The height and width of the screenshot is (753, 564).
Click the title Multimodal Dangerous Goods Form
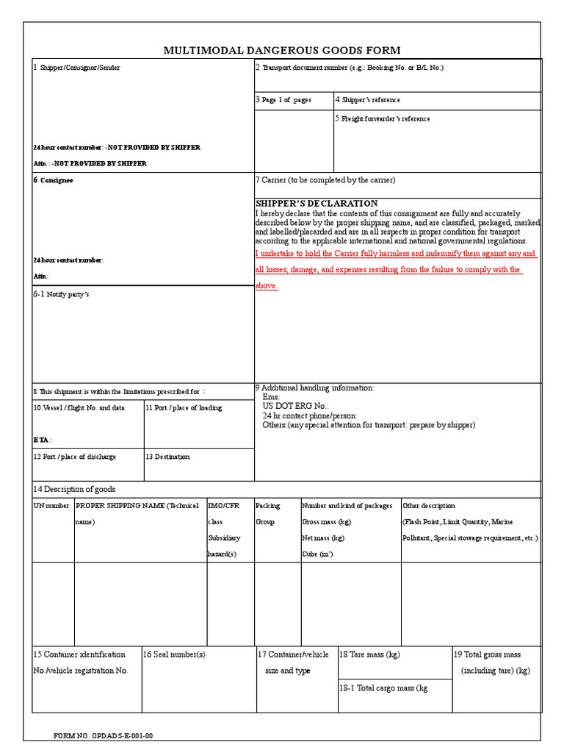pyautogui.click(x=282, y=50)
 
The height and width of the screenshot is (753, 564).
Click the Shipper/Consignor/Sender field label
pyautogui.click(x=77, y=68)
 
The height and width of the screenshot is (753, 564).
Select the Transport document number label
pyautogui.click(x=350, y=68)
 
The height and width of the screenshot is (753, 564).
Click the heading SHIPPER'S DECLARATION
pyautogui.click(x=317, y=203)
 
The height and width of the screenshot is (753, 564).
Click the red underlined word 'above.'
pyautogui.click(x=267, y=286)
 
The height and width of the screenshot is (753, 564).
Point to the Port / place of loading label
pyautogui.click(x=184, y=408)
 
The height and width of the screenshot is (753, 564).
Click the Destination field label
pyautogui.click(x=168, y=457)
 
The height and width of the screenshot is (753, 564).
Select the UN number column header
pyautogui.click(x=51, y=506)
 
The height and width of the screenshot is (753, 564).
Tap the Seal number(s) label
pyautogui.click(x=174, y=654)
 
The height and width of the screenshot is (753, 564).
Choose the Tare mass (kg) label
pyautogui.click(x=369, y=654)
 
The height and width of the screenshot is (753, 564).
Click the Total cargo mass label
pyautogui.click(x=383, y=688)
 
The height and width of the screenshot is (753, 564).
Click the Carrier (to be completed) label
pyautogui.click(x=325, y=181)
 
